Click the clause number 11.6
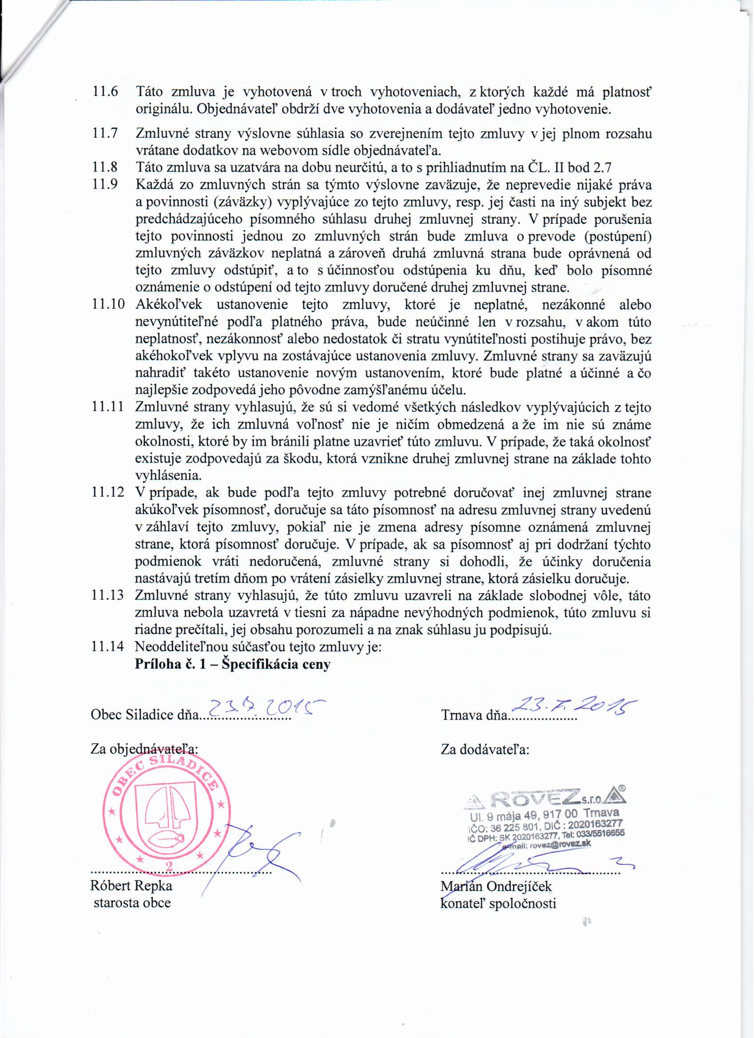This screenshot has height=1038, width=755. point(105,92)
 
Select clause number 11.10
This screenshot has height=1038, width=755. point(108,305)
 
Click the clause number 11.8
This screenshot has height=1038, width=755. point(105,168)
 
